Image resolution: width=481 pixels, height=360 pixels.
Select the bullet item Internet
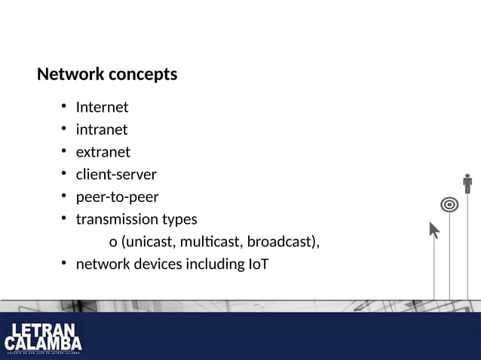[102, 107]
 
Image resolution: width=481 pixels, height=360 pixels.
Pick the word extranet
[103, 152]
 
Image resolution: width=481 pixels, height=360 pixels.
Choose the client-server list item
[116, 175]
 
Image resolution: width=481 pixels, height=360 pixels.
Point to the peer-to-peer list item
[117, 197]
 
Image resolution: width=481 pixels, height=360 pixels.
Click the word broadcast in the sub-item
[280, 243]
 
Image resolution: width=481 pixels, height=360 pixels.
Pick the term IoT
[258, 264]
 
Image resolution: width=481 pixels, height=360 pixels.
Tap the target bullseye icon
[449, 204]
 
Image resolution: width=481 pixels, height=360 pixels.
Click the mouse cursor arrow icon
[434, 230]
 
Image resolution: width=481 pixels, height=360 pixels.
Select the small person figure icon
[467, 184]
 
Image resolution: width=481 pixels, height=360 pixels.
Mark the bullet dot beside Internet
[65, 106]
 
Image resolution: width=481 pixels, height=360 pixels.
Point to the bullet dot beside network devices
[65, 264]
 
